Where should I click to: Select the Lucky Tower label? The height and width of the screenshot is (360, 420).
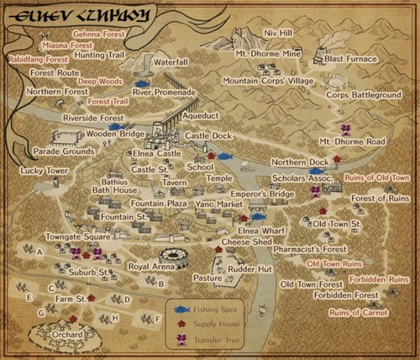point(44,171)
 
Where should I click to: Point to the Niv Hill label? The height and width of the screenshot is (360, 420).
point(278,33)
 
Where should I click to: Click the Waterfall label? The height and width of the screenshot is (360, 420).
point(170,63)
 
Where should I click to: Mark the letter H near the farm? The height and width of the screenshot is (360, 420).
point(114,317)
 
